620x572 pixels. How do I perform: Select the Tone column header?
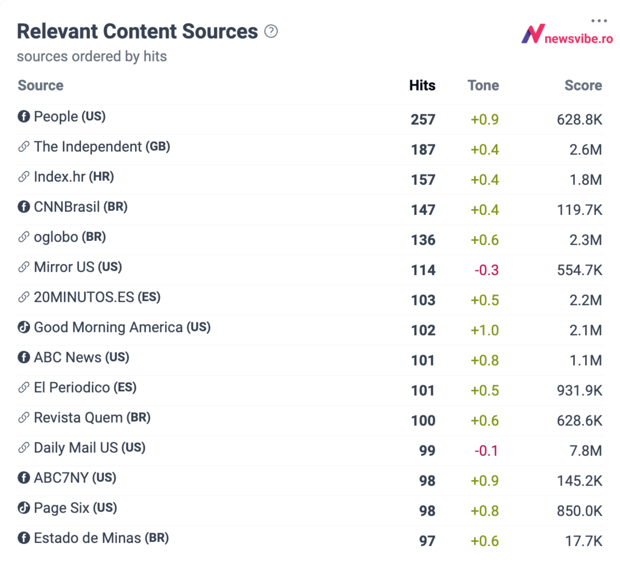tap(483, 85)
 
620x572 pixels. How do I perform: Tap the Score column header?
tap(583, 85)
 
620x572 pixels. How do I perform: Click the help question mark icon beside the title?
tap(271, 31)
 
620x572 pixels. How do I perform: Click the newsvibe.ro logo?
tap(567, 35)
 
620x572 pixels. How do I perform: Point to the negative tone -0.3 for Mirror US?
tap(486, 270)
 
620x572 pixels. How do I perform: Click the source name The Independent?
tap(88, 147)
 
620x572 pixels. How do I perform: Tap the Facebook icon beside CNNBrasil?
tap(24, 207)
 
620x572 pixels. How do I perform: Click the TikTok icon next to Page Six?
tap(24, 508)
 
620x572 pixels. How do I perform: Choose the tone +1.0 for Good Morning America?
tap(485, 330)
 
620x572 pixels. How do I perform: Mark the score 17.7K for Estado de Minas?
tap(583, 541)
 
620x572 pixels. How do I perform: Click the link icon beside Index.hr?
tap(24, 177)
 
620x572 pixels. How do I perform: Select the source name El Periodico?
tap(72, 387)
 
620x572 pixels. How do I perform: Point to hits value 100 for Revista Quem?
tap(423, 421)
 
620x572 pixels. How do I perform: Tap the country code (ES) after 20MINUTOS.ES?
tap(149, 297)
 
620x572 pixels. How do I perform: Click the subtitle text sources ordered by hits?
tap(92, 57)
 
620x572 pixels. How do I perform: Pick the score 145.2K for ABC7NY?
tap(579, 481)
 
